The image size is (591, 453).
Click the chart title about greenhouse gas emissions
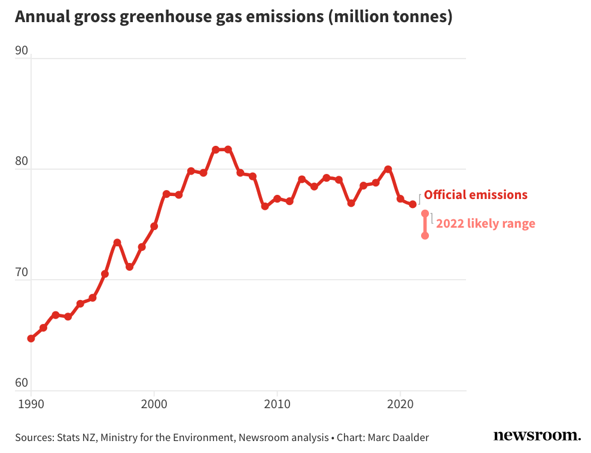click(233, 17)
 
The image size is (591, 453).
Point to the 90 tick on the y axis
click(22, 51)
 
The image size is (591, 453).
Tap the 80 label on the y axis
click(22, 162)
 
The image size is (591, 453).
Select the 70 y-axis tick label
click(22, 273)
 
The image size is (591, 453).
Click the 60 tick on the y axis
click(22, 383)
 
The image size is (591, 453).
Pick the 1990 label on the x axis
click(31, 404)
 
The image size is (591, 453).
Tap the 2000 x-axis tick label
click(154, 404)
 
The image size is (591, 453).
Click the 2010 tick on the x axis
click(277, 404)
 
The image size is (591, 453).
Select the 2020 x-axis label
click(400, 404)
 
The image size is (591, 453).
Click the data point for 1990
click(31, 339)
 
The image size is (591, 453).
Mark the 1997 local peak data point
click(117, 243)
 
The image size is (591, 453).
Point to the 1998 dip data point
click(129, 267)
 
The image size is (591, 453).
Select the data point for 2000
click(154, 227)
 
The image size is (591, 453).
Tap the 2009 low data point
click(264, 206)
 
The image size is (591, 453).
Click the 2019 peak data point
click(388, 169)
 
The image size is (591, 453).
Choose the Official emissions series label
click(476, 195)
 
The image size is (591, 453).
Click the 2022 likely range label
click(485, 224)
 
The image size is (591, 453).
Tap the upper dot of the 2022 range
click(425, 213)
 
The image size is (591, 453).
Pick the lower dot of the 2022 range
click(425, 235)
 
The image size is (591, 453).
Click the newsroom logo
click(537, 436)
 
